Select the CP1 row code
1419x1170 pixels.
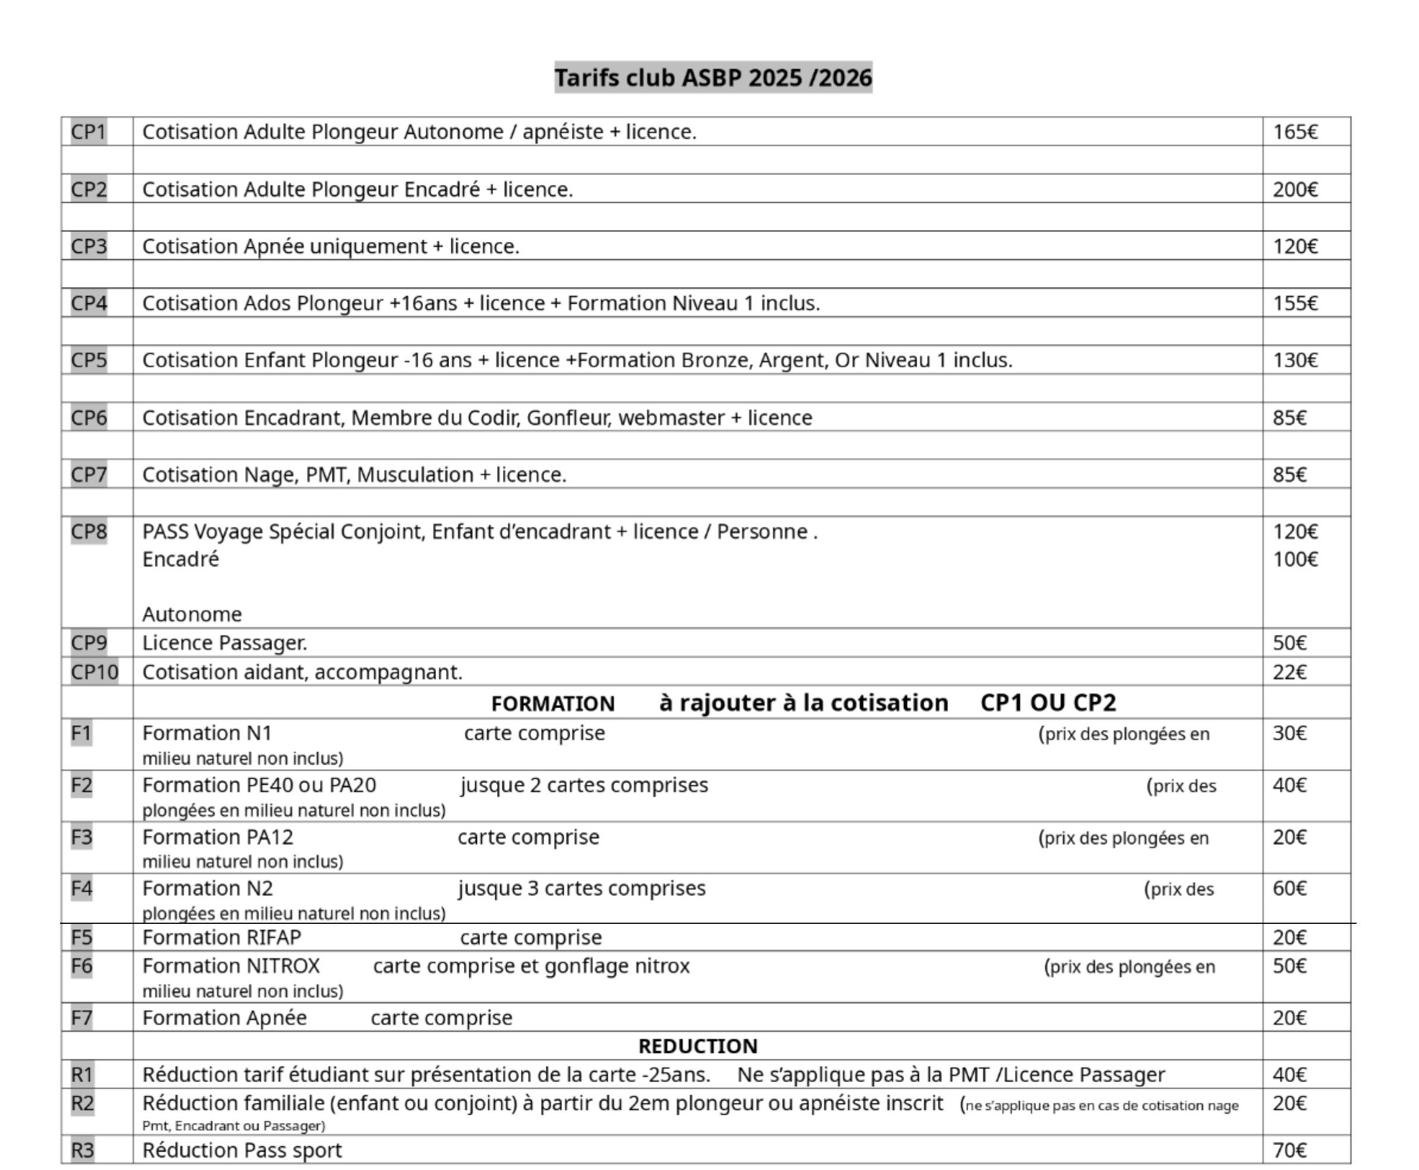click(88, 131)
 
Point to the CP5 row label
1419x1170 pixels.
click(88, 360)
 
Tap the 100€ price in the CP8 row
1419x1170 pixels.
click(1294, 559)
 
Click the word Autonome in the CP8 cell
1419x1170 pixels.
click(191, 614)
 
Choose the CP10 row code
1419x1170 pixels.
click(95, 672)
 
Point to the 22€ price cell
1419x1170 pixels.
click(1289, 672)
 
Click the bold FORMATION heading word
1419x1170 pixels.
click(552, 704)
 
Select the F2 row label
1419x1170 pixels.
click(81, 785)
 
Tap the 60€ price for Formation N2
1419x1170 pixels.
click(1289, 888)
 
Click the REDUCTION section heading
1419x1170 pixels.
click(698, 1046)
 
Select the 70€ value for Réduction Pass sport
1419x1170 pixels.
click(1289, 1150)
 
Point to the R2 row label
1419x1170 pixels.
click(82, 1103)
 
